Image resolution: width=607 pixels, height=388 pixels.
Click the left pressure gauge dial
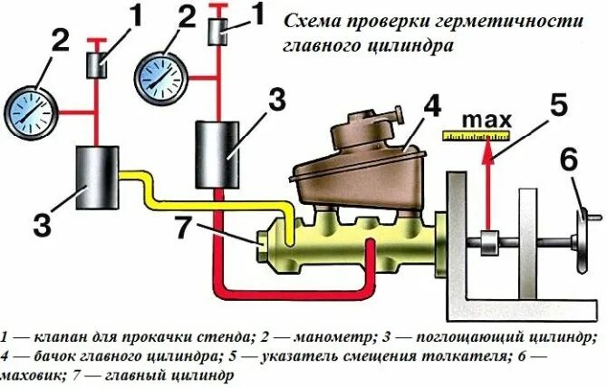tap(29, 110)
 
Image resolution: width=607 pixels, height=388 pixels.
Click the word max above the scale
tap(486, 120)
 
